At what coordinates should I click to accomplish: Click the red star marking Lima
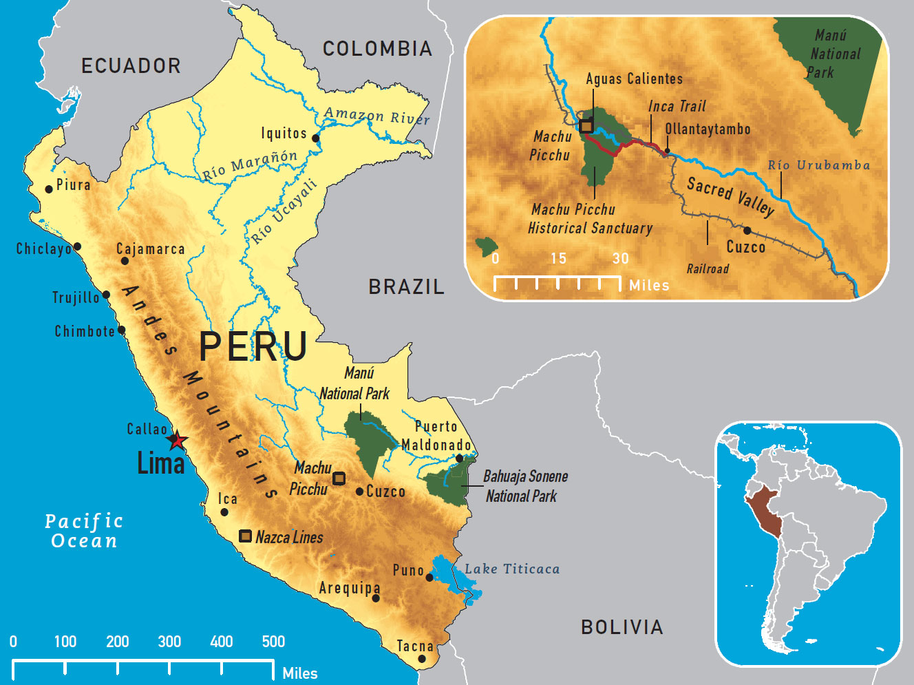coord(178,440)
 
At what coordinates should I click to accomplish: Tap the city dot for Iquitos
coord(316,138)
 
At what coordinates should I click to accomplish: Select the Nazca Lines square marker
coord(245,536)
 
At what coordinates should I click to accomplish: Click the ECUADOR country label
coord(131,66)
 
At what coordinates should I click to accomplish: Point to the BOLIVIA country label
coord(621,627)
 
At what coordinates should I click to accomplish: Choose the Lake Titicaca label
coord(512,569)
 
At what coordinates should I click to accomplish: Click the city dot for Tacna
coord(422,659)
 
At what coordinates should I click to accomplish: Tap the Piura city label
coord(73,185)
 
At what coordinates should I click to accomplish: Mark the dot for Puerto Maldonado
coord(460,458)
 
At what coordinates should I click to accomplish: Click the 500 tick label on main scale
coord(273,642)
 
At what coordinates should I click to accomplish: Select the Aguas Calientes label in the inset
coord(634,79)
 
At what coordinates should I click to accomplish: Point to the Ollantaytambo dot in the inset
coord(667,150)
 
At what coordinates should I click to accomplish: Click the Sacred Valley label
coord(730,196)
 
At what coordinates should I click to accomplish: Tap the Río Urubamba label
coord(818,165)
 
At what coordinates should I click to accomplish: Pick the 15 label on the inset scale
coord(558,259)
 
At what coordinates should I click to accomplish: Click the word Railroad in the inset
coord(708,269)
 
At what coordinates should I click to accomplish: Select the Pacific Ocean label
coord(84,531)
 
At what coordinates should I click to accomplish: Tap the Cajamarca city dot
coord(125,261)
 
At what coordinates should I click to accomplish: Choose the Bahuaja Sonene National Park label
coord(524,486)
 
